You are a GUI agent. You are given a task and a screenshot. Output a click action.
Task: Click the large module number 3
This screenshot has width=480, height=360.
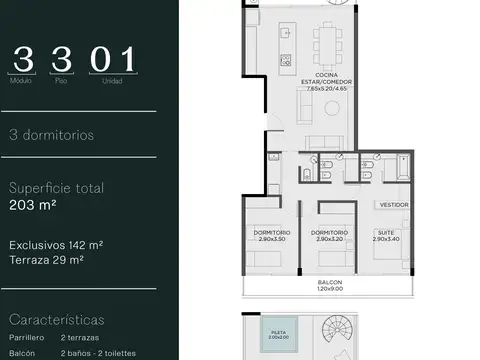pyautogui.click(x=25, y=59)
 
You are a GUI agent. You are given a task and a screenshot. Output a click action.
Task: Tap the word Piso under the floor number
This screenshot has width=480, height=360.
pyautogui.click(x=62, y=81)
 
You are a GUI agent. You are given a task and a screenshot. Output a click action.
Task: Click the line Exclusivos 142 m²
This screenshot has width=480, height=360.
pyautogui.click(x=56, y=244)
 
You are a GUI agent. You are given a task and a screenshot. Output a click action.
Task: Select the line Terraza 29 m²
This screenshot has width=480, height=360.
pyautogui.click(x=48, y=259)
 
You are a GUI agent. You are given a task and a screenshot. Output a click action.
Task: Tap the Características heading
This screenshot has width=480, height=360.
pyautogui.click(x=57, y=320)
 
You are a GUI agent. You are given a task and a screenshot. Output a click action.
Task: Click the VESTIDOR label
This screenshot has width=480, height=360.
pyautogui.click(x=393, y=205)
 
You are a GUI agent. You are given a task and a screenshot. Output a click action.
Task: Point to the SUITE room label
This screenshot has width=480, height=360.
pyautogui.click(x=384, y=233)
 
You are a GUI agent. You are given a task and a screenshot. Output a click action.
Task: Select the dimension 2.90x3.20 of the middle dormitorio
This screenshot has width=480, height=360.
pyautogui.click(x=329, y=240)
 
